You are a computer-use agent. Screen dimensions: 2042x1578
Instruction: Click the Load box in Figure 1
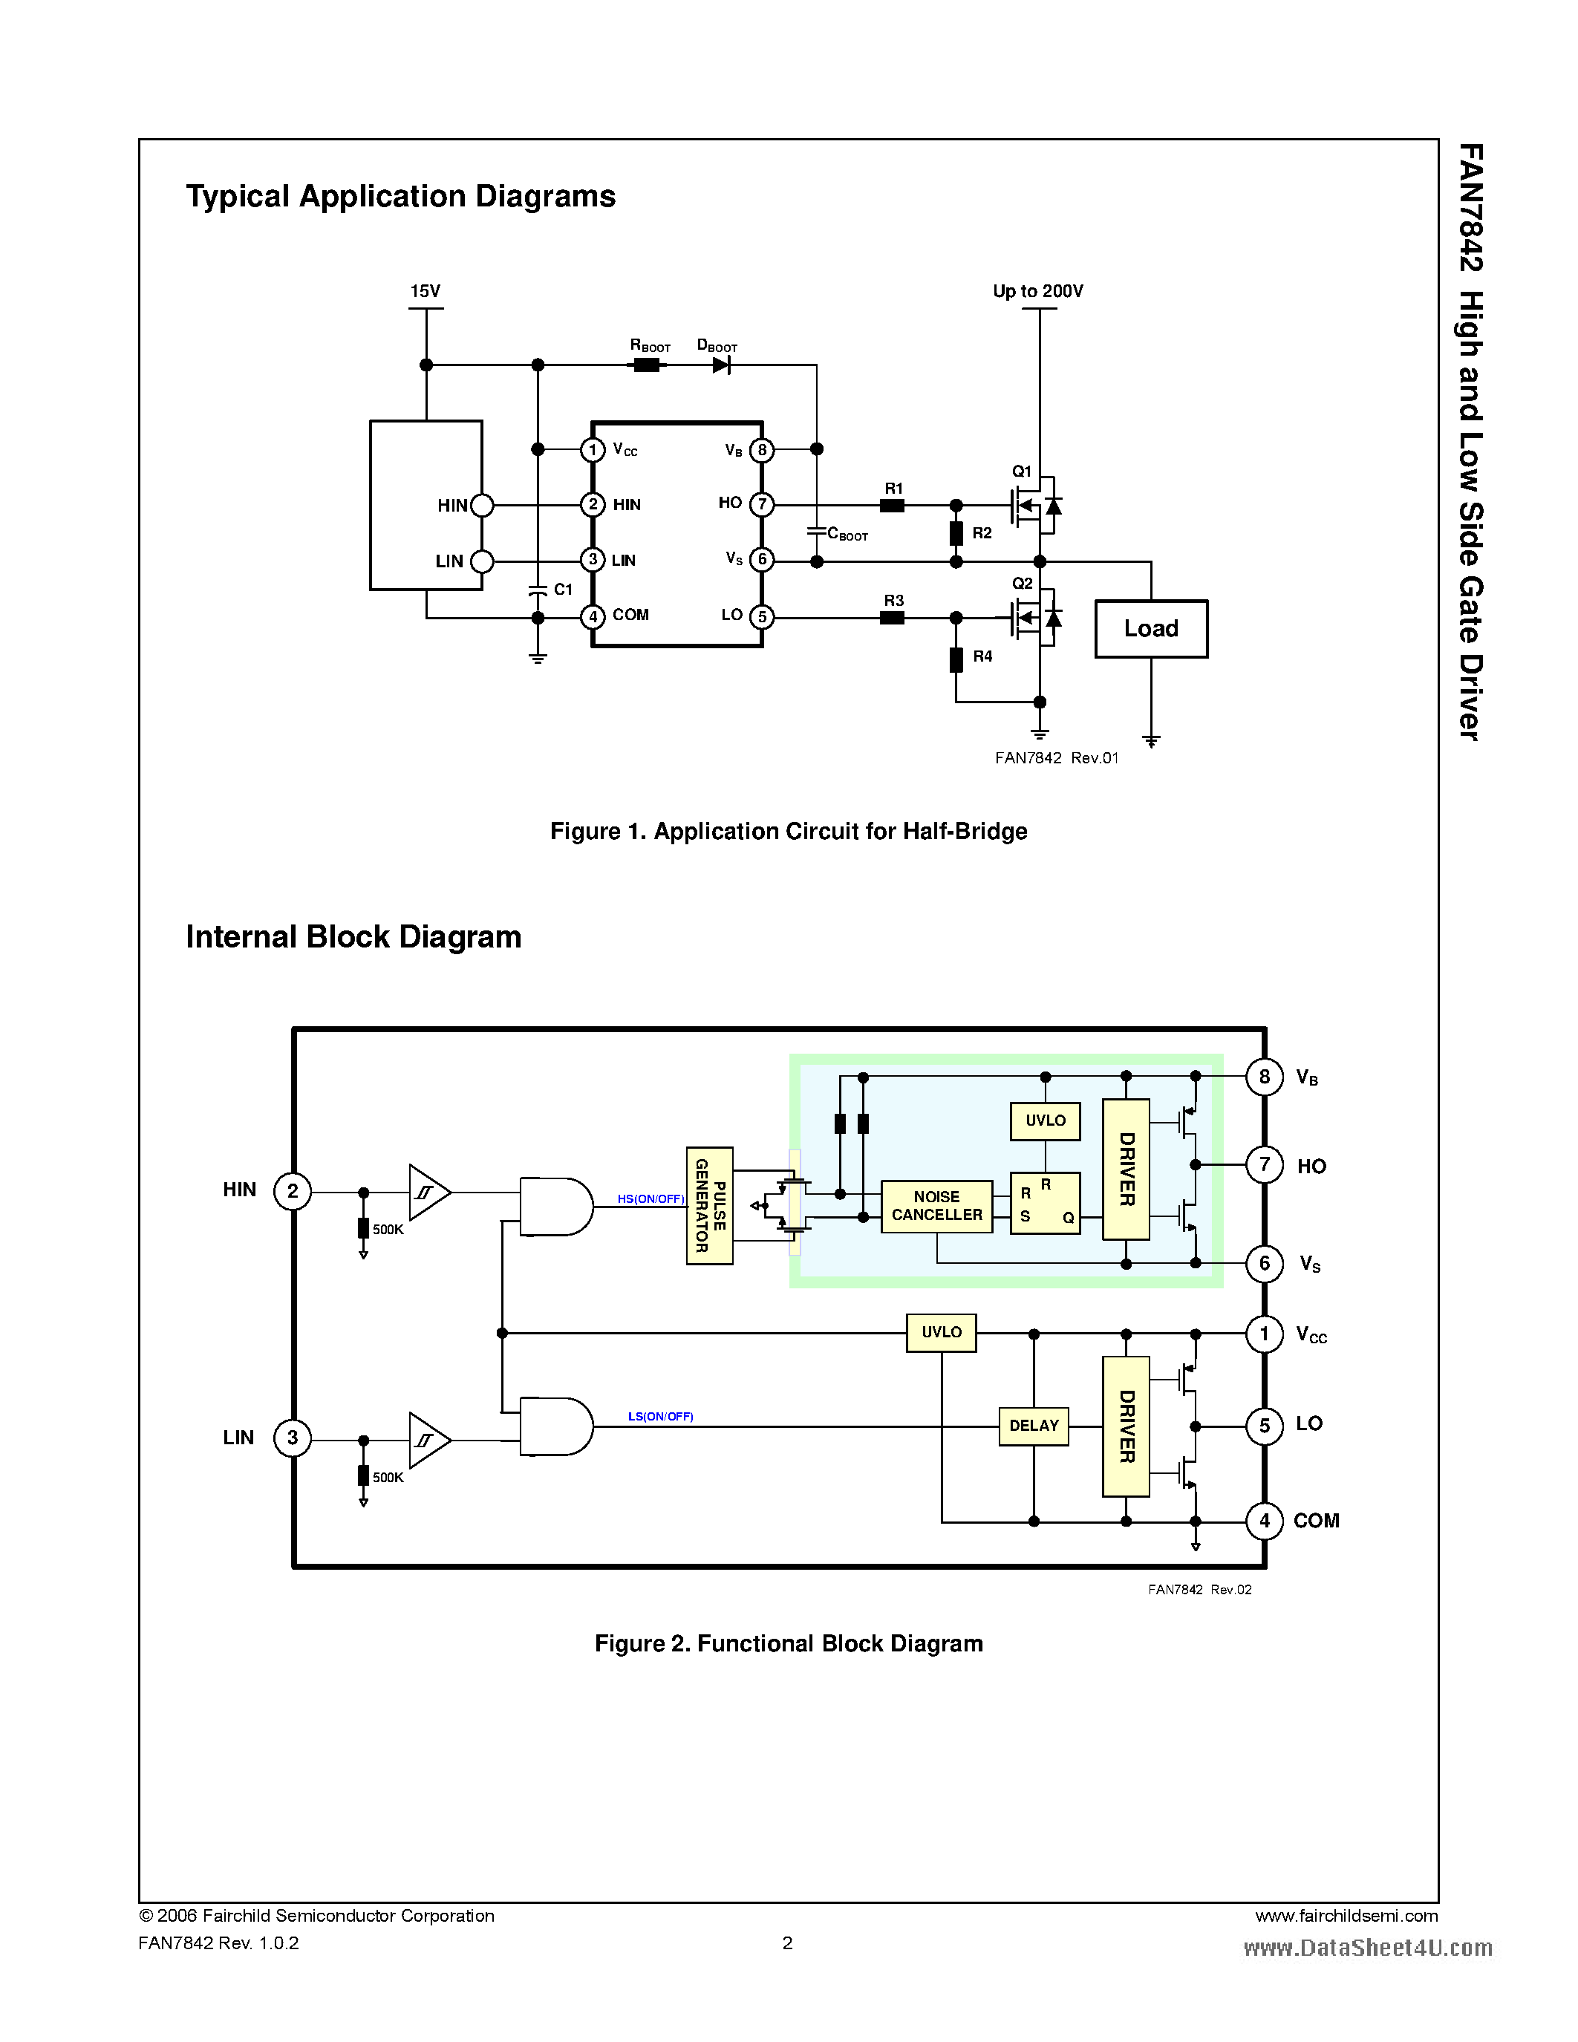tap(1151, 628)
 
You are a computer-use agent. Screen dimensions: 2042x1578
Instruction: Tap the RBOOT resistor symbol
tap(646, 365)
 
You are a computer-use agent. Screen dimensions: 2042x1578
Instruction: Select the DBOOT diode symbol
tap(721, 365)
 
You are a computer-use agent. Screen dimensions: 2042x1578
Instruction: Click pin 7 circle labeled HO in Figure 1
tap(762, 505)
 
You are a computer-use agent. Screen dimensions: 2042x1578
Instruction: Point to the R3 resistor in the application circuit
tap(892, 618)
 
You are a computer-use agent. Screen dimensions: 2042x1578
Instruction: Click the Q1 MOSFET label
tap(1022, 472)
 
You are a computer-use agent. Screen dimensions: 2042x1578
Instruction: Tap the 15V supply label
tap(426, 291)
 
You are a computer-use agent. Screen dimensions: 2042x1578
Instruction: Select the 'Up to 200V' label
tap(1037, 291)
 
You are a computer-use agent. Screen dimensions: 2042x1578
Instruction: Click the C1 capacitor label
tap(563, 589)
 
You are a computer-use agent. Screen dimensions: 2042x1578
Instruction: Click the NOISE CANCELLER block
tap(936, 1206)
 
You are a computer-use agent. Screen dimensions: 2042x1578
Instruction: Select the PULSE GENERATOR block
tap(709, 1205)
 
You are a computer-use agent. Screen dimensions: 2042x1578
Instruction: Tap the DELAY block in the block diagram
tap(1034, 1426)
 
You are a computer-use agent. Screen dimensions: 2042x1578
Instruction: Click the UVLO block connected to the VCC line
tap(942, 1332)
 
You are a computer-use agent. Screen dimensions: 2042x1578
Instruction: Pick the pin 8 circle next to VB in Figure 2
tap(1264, 1077)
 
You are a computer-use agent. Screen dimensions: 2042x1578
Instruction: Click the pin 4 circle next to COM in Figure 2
tap(1264, 1521)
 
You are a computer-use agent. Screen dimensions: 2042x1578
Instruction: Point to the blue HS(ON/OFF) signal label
tap(651, 1198)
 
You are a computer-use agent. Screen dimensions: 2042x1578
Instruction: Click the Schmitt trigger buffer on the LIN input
tap(429, 1440)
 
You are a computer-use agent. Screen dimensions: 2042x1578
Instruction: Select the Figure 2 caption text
tap(788, 1644)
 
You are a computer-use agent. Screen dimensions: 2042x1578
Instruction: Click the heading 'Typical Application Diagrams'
tap(400, 196)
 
